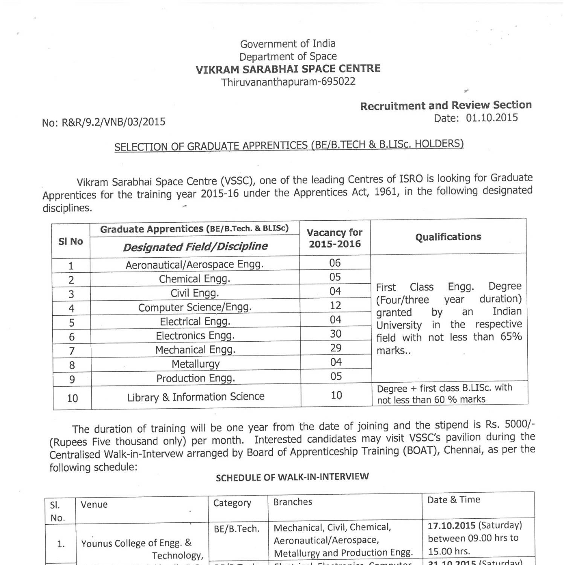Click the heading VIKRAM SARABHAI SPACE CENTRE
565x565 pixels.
(x=288, y=69)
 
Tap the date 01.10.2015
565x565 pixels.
(x=492, y=118)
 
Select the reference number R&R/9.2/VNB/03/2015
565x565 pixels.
(x=113, y=122)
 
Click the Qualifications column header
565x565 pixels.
(x=448, y=237)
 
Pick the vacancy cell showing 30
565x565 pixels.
(x=335, y=334)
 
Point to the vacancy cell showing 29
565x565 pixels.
(x=335, y=348)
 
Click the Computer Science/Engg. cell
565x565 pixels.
(x=195, y=307)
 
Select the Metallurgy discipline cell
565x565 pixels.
(x=195, y=364)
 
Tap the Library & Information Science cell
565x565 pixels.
(x=195, y=397)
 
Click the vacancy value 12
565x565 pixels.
(x=335, y=305)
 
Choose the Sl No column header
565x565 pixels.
(x=70, y=241)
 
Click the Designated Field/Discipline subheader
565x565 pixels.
(x=195, y=247)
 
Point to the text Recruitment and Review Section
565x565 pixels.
(x=446, y=105)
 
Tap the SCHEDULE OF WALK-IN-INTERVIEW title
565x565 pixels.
(x=292, y=477)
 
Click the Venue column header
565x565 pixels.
(x=94, y=505)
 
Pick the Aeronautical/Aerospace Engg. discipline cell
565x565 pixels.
(x=194, y=265)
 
